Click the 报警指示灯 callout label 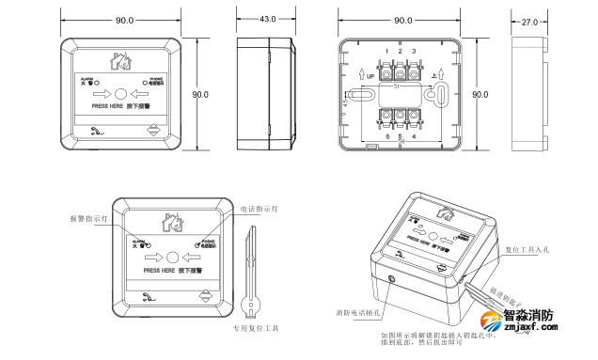[90, 218]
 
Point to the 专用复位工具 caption [256, 328]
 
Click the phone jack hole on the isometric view [391, 279]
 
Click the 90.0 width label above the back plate [401, 20]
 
